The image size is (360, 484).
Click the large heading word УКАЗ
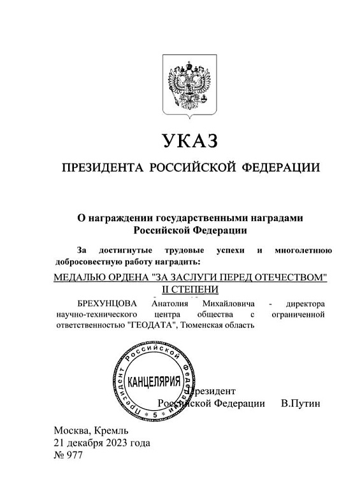click(191, 139)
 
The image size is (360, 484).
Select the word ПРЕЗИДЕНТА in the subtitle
click(101, 168)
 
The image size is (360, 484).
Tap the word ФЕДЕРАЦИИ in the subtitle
click(280, 168)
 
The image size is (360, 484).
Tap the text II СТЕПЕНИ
click(191, 290)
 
